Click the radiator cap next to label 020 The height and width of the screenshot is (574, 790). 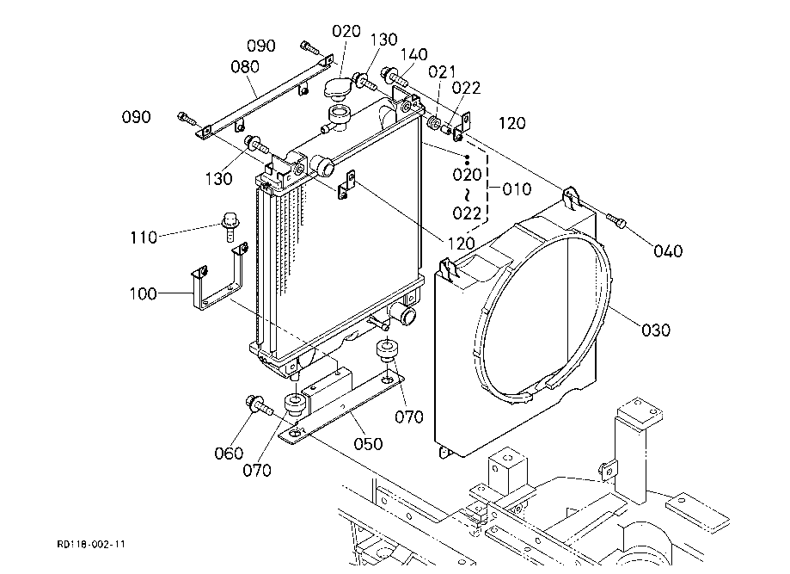[x=336, y=89]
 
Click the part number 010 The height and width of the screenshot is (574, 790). [x=517, y=189]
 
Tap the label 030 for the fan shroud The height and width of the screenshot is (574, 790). [x=656, y=330]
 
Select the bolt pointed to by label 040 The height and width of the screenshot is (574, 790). [x=616, y=220]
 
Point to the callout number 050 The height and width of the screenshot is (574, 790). [x=368, y=444]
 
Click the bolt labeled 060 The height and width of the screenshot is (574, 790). [x=259, y=405]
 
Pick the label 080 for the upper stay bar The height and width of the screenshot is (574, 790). [x=245, y=66]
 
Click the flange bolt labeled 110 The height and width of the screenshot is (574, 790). [x=230, y=227]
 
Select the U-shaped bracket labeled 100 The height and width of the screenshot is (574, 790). [x=219, y=276]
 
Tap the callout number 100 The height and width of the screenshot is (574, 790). [x=143, y=293]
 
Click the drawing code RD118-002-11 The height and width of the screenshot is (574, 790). [x=91, y=544]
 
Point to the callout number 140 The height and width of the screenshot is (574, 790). [x=414, y=54]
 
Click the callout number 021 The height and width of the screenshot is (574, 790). [x=442, y=71]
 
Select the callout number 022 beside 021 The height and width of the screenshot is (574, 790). [x=466, y=88]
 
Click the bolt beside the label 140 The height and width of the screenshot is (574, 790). [x=395, y=77]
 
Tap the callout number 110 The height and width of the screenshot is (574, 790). [x=144, y=237]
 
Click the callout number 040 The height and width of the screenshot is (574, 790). [x=668, y=250]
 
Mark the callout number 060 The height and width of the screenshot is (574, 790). [x=229, y=453]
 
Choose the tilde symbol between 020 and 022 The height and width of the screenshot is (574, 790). [x=467, y=194]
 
